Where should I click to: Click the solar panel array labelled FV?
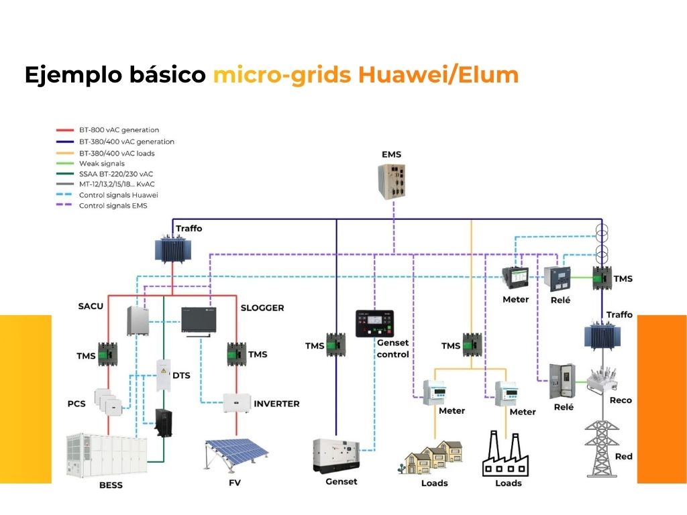tap(234, 456)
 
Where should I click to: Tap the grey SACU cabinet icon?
tap(138, 320)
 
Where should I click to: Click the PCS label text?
tap(76, 404)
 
